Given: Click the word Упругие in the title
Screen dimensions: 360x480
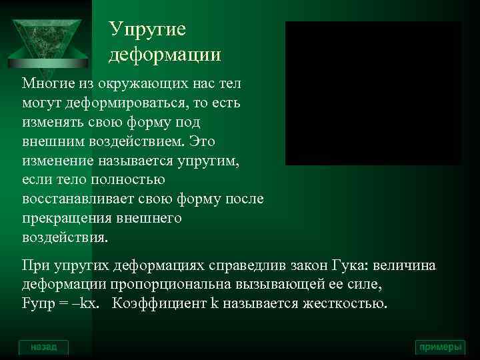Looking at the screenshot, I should (x=147, y=30).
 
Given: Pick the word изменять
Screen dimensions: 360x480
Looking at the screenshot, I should (x=53, y=124).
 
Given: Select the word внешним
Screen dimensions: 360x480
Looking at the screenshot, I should (x=51, y=143).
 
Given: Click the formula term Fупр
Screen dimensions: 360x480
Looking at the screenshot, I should (x=39, y=305).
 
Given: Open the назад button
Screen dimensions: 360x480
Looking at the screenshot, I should (x=43, y=347).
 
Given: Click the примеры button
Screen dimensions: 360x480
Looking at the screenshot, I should (x=439, y=347).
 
